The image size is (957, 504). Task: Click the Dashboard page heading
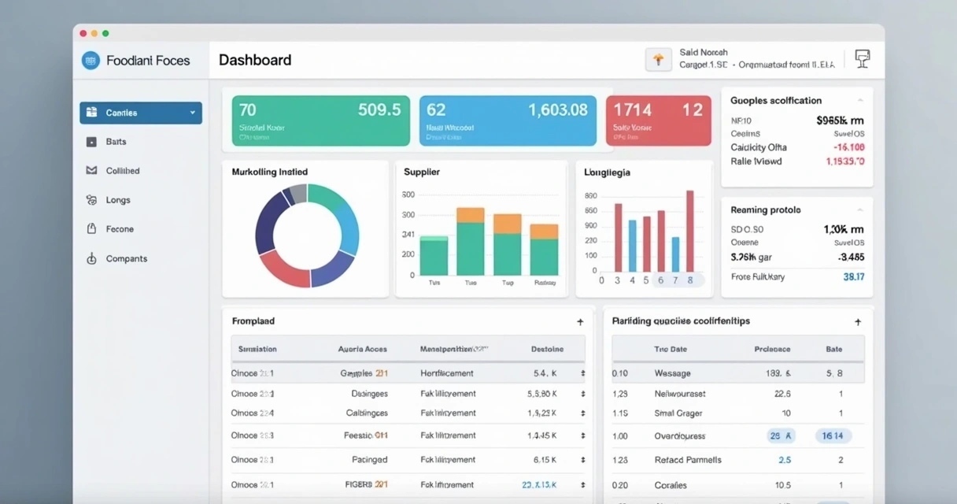(x=254, y=60)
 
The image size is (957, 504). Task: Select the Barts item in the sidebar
(x=116, y=142)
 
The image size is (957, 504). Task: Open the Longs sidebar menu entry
(x=118, y=200)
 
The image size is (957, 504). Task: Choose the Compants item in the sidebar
(x=126, y=258)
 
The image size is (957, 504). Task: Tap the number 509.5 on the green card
(x=379, y=110)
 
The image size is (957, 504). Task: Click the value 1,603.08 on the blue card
(x=557, y=110)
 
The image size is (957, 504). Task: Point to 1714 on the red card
(x=633, y=110)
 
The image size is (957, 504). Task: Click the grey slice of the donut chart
(x=297, y=193)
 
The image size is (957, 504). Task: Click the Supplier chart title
(x=421, y=172)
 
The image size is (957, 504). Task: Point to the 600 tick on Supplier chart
(x=408, y=195)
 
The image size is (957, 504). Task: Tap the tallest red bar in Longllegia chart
(x=690, y=231)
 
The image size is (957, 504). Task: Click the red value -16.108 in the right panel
(x=849, y=147)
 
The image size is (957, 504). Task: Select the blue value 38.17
(x=853, y=277)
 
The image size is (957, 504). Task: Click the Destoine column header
(x=547, y=349)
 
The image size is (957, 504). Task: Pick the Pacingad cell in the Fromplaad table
(x=369, y=460)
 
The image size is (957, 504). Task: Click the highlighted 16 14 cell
(x=833, y=435)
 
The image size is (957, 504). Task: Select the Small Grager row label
(x=678, y=413)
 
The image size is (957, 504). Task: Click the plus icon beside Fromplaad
(x=580, y=322)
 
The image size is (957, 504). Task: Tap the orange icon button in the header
(x=658, y=60)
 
